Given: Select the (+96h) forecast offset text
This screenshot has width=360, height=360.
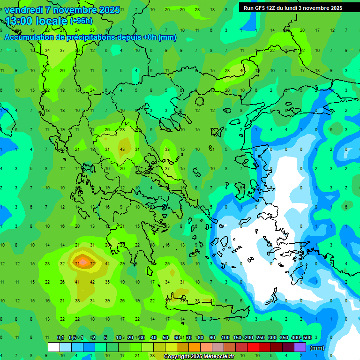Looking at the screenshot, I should [x=81, y=21].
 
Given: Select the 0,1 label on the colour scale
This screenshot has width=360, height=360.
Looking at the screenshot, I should [x=60, y=337].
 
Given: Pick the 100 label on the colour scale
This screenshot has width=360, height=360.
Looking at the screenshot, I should [x=225, y=337].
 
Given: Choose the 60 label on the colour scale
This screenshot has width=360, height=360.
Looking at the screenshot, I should [x=177, y=337].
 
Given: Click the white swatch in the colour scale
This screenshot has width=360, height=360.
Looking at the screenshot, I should [x=54, y=347].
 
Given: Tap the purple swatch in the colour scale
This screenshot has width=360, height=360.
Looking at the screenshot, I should [x=300, y=347].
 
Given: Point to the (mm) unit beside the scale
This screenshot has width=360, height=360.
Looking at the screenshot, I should [x=317, y=348].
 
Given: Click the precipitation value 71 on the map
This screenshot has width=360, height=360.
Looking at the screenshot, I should [x=77, y=264].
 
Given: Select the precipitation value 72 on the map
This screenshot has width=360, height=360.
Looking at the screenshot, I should [x=92, y=264].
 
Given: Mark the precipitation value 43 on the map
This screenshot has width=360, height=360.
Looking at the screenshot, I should [x=122, y=149].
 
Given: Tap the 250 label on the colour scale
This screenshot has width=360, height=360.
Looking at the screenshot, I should [x=261, y=337].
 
